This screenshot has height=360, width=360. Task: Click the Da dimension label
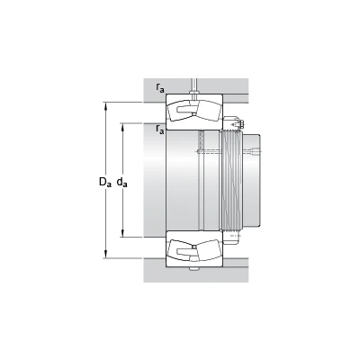105,182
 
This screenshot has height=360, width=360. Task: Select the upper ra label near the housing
160,87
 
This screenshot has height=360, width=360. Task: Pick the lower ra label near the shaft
160,129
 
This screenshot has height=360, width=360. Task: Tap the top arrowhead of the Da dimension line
105,106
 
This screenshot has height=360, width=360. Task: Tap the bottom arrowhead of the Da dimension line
105,254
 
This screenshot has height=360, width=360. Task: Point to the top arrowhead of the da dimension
122,127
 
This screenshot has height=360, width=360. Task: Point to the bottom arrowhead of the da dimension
122,233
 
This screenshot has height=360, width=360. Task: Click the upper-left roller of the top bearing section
180,110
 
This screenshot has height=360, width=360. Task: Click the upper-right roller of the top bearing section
208,110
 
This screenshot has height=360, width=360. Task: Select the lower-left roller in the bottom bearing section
180,250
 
